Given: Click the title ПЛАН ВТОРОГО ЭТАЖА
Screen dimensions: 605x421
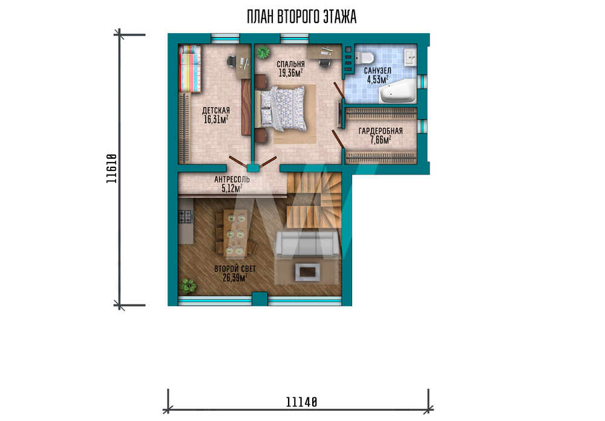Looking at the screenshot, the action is [301, 17].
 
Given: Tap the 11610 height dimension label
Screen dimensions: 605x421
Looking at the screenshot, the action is [111, 169].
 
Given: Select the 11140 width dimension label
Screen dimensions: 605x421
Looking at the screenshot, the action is [301, 402].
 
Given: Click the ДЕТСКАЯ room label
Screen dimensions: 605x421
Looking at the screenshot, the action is [216, 111].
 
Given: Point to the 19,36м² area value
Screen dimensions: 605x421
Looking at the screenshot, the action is [290, 73].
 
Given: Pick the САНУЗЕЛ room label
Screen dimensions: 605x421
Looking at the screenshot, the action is [378, 71].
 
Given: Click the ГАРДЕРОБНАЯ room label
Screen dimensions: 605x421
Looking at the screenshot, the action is [381, 131].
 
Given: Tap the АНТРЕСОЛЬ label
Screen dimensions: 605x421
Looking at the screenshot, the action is [232, 179].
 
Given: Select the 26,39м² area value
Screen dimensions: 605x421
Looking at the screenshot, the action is [235, 277].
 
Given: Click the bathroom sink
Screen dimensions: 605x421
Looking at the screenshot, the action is [410, 57].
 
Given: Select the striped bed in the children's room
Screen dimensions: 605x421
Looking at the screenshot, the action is [189, 69].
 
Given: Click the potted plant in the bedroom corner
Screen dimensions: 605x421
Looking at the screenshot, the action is [263, 51].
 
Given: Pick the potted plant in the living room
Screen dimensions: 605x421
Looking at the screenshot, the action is [188, 286].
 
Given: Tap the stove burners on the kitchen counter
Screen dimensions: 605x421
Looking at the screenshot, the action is [185, 216].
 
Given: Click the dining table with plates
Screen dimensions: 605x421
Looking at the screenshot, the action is [236, 233].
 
